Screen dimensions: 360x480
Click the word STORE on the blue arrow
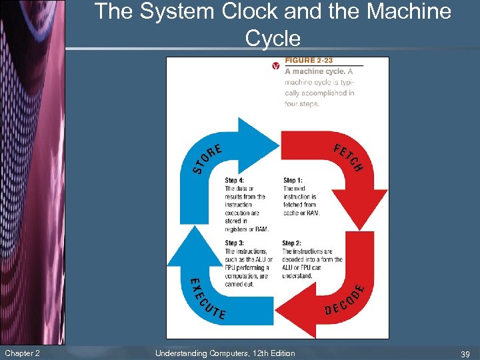click(207, 157)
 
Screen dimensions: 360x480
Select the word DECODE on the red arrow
click(345, 300)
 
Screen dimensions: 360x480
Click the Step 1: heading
click(293, 181)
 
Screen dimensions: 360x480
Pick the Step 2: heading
click(291, 243)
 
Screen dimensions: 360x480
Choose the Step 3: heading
click(234, 243)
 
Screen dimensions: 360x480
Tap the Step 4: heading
click(235, 181)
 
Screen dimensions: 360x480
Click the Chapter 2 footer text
click(22, 353)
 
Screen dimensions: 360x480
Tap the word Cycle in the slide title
click(273, 38)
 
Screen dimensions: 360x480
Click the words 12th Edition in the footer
click(271, 353)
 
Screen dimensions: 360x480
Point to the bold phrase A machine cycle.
click(314, 71)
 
